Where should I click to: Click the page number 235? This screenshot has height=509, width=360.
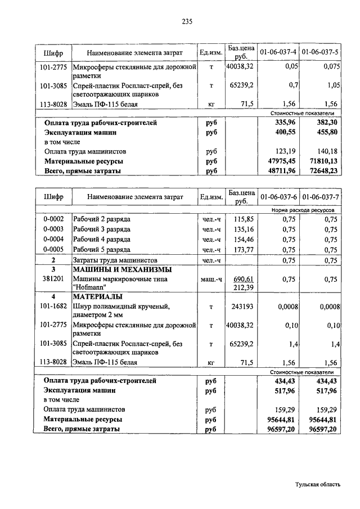click(x=187, y=22)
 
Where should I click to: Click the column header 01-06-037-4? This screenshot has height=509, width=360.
click(x=278, y=52)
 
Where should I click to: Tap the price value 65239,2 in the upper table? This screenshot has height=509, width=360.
click(x=242, y=85)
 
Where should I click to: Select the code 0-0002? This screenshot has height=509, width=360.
click(x=53, y=219)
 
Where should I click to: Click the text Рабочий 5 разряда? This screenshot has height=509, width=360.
click(x=102, y=250)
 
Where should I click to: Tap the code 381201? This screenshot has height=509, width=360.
click(x=53, y=280)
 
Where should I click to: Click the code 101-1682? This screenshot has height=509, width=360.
click(x=53, y=307)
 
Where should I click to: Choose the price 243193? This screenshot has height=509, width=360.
click(x=243, y=307)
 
